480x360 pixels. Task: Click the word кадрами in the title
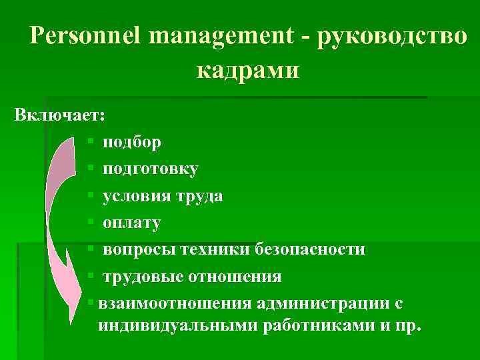[x=248, y=69]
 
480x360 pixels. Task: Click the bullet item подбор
[x=131, y=142]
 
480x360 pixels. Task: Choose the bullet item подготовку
[x=150, y=169]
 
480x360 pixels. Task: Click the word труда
[x=199, y=196]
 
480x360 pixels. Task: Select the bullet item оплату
[x=131, y=223]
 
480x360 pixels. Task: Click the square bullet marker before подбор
[x=89, y=142]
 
